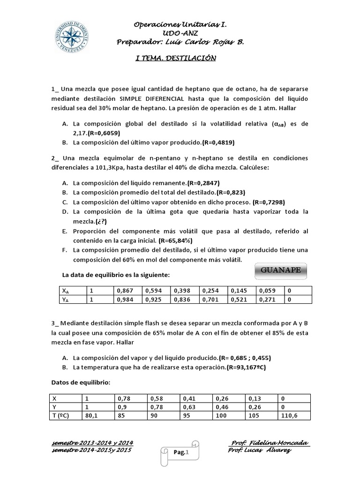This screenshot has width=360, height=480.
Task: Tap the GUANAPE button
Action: point(280,271)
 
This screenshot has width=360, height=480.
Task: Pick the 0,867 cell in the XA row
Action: point(127,290)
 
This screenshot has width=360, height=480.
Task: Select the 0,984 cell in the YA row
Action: point(127,299)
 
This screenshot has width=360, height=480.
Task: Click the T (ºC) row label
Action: point(64,415)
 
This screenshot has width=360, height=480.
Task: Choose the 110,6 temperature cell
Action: point(293,415)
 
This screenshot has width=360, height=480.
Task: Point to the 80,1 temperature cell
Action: point(96,415)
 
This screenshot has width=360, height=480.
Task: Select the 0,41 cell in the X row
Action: point(196,398)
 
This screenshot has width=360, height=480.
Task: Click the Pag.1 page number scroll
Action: point(180,452)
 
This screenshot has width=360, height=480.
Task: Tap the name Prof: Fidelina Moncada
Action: point(270,443)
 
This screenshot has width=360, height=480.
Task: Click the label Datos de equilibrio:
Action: point(81,382)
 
